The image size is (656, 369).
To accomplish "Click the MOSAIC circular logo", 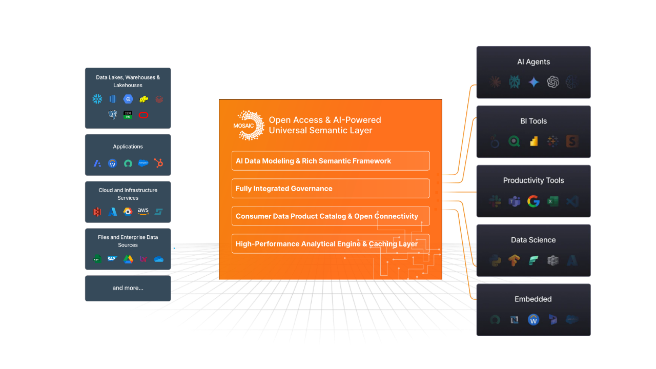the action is tap(249, 126).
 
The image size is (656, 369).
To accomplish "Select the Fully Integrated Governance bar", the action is tap(331, 188).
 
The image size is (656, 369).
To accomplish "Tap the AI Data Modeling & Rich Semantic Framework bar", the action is tap(331, 161).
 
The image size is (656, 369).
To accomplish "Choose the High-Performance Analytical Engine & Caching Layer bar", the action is tap(331, 243).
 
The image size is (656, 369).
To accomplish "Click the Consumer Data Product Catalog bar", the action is tap(331, 216).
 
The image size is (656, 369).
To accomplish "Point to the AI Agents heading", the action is tap(534, 62).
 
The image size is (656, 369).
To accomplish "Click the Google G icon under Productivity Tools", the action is tap(534, 201).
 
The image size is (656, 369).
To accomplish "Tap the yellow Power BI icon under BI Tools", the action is tap(534, 141).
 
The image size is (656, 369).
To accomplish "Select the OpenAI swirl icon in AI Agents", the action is tap(552, 82).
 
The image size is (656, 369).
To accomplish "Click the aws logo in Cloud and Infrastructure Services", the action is tap(143, 211).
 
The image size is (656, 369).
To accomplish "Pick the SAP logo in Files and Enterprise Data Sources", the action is tap(112, 259).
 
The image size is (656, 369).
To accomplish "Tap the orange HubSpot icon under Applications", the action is tap(158, 163).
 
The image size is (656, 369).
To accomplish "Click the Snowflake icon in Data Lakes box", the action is tap(97, 99).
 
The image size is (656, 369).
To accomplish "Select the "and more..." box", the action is tap(128, 288).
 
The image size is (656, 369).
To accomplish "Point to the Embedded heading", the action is tap(533, 299).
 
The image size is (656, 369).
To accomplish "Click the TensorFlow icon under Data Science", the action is tap(514, 260).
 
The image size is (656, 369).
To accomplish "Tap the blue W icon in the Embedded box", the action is tap(534, 320).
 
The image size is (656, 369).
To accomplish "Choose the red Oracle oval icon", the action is tap(143, 115).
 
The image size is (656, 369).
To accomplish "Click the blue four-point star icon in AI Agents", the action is tap(534, 82).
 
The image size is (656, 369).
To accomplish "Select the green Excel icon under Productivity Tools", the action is tap(552, 201).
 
